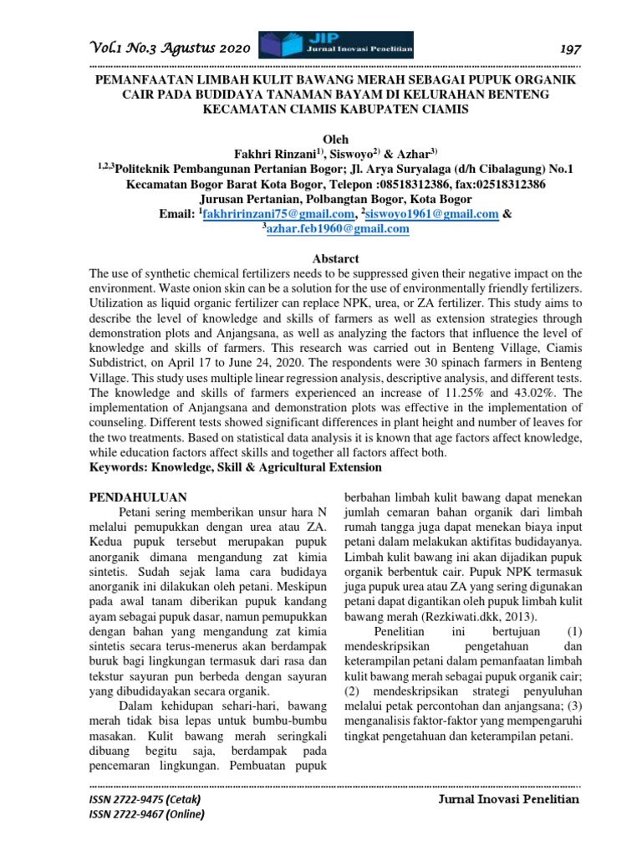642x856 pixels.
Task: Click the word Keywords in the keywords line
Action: (121, 466)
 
